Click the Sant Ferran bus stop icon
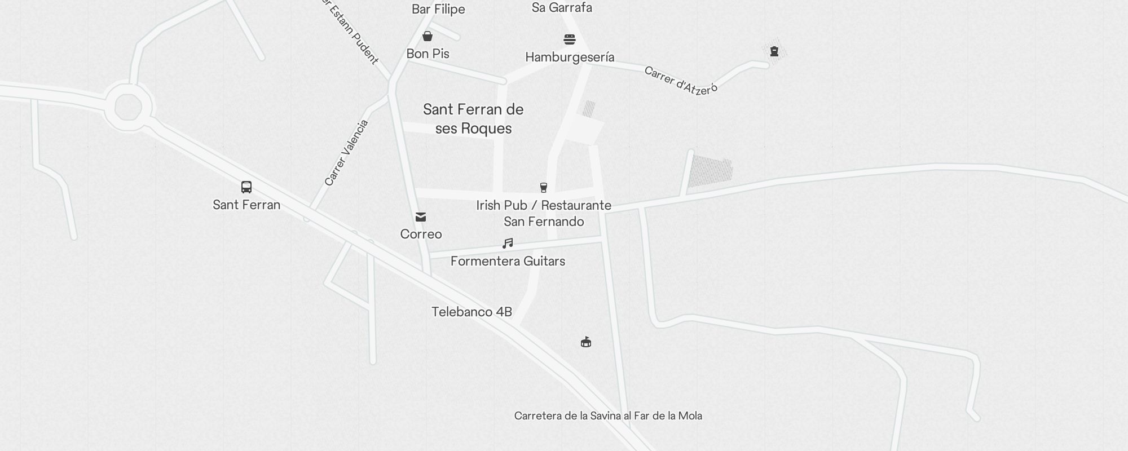click(246, 187)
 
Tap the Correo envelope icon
click(421, 217)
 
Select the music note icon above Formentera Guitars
click(508, 244)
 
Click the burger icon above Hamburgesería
click(570, 39)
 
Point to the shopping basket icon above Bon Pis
click(428, 37)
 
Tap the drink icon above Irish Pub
click(544, 187)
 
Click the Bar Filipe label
click(438, 9)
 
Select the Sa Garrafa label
click(562, 8)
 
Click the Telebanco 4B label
click(472, 312)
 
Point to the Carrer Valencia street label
click(346, 153)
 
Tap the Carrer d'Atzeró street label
click(681, 81)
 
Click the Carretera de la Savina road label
click(608, 416)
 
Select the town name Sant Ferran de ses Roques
click(473, 119)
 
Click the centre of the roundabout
click(128, 107)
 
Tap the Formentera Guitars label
click(508, 261)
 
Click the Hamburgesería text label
click(570, 57)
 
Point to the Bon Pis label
click(428, 54)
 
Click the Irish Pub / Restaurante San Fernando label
click(544, 213)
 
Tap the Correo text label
click(421, 234)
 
